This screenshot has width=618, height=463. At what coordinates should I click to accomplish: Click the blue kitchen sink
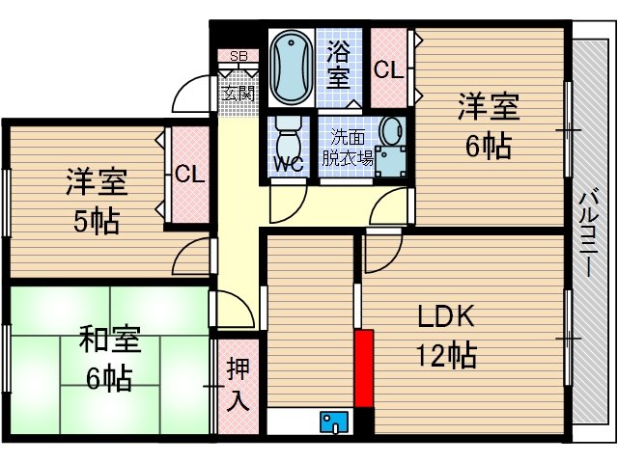(x=335, y=422)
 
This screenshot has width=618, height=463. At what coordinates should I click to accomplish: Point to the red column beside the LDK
(x=363, y=368)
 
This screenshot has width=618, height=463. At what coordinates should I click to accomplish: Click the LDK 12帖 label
(x=445, y=337)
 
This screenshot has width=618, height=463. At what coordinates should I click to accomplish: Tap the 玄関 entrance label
(x=239, y=95)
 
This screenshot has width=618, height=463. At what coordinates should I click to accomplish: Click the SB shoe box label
(x=239, y=56)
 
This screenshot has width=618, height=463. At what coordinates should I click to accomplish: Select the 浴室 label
(x=339, y=63)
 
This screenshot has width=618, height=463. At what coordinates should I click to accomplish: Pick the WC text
(x=289, y=164)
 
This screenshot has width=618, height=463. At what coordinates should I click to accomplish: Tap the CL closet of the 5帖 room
(x=189, y=175)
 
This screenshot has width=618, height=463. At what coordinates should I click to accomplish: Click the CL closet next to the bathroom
(x=388, y=69)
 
